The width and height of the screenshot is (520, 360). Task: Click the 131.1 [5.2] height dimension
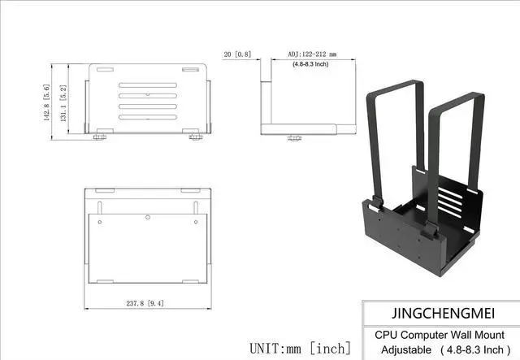62,101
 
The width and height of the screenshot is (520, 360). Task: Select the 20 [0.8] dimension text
237,54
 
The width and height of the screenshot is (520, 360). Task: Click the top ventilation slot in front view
147,85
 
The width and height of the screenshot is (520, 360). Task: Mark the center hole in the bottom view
148,218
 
